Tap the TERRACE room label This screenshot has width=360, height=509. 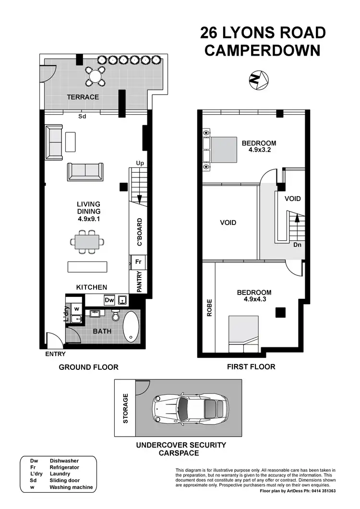tap(83, 97)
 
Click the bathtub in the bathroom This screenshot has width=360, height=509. tap(131, 327)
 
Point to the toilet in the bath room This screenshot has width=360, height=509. tap(115, 316)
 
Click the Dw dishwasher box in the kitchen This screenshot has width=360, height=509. tap(109, 300)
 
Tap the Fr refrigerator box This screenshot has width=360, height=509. tap(137, 262)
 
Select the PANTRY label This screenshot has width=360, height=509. tap(139, 282)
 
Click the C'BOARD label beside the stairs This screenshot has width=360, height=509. tap(140, 233)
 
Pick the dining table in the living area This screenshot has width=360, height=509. tap(87, 241)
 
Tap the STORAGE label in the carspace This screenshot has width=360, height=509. tap(126, 408)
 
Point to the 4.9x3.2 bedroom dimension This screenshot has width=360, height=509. tap(259, 150)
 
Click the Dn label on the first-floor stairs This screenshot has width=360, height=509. tap(297, 245)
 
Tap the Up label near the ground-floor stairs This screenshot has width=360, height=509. tap(140, 164)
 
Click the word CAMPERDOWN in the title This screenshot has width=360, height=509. tap(262, 50)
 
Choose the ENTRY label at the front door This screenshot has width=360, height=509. tap(55, 354)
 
